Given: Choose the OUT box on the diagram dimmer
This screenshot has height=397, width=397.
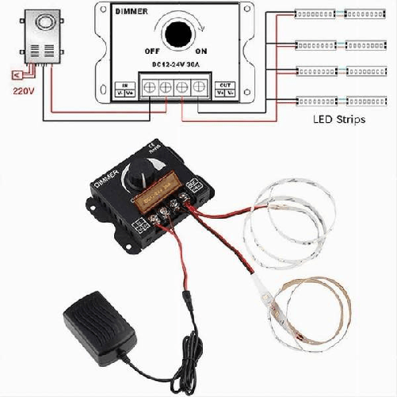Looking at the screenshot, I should point(225,88).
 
